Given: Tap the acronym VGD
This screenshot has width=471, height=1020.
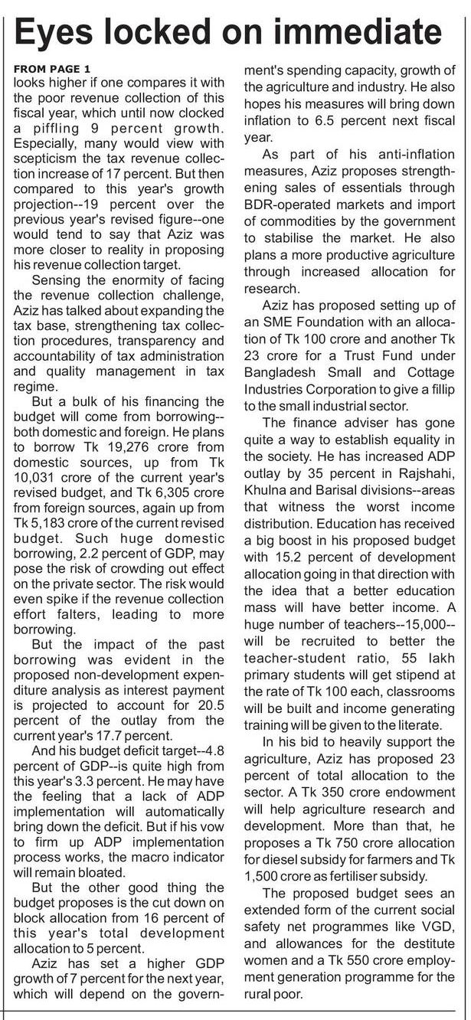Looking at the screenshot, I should click(x=443, y=946).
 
